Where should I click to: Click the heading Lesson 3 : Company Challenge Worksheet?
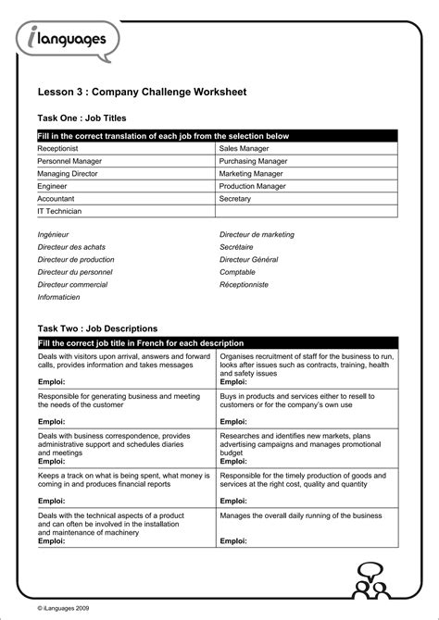[142, 93]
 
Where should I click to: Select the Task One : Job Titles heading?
[82, 118]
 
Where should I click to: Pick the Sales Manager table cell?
[245, 147]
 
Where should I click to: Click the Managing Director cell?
[68, 173]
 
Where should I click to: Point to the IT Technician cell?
[59, 211]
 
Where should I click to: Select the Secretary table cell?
[235, 198]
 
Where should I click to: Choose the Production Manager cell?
[252, 186]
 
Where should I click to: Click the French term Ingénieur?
[53, 235]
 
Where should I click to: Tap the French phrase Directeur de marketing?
[257, 235]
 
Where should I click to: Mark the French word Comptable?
[237, 272]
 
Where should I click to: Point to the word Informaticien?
[58, 297]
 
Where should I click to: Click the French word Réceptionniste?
[244, 285]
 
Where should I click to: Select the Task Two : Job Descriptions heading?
[97, 328]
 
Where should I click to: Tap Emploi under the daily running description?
[233, 540]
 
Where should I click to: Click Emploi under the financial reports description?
[51, 501]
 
